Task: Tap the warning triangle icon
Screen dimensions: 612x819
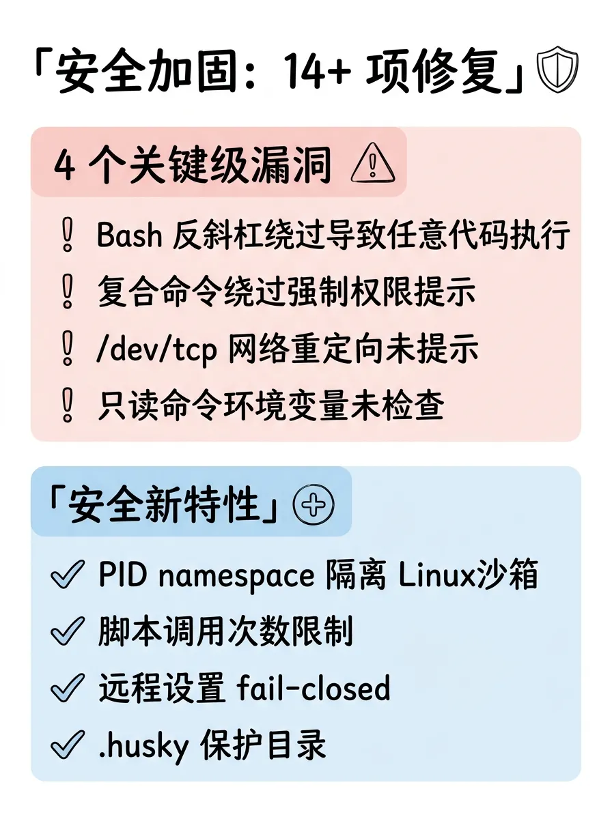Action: tap(372, 165)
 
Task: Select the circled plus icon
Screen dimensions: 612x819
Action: tap(313, 505)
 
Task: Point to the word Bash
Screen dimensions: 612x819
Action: tap(130, 236)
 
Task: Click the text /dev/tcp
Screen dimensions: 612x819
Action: tap(157, 349)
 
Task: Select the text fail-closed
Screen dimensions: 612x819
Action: tap(314, 689)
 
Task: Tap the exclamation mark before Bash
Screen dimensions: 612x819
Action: tap(67, 237)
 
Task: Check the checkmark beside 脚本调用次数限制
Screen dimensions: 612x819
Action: tap(68, 633)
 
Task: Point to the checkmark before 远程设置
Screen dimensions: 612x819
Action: tap(68, 689)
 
